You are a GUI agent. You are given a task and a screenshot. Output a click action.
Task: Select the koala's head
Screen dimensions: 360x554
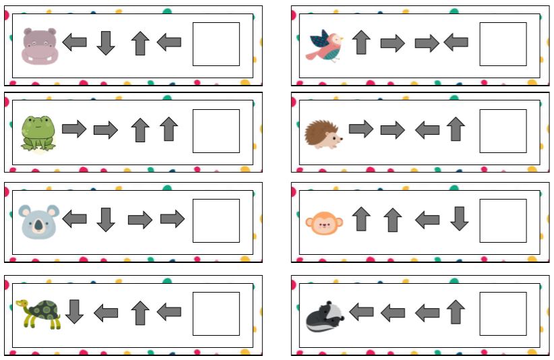40,220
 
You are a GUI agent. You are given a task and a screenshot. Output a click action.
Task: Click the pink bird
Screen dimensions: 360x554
326,44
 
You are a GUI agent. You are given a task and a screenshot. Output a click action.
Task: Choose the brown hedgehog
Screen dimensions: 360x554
324,132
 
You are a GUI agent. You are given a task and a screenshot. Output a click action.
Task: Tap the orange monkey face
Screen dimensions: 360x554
324,221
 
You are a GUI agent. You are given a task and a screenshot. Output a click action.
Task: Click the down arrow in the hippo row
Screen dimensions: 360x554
106,43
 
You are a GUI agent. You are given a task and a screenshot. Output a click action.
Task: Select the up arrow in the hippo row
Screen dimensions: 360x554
140,43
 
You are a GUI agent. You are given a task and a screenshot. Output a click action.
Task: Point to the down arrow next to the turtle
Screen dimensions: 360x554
74,311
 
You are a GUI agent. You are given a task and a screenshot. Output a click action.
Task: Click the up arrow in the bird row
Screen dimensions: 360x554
361,42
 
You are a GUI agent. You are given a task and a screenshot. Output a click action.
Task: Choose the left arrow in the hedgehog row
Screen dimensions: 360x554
427,129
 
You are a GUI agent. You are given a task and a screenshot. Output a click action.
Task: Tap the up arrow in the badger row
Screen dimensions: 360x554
456,311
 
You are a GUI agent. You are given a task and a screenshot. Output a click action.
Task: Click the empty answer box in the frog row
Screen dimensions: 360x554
216,131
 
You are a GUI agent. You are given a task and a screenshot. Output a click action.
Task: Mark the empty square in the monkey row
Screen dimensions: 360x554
503,220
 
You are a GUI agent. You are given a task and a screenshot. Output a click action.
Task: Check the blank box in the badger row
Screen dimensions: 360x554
503,313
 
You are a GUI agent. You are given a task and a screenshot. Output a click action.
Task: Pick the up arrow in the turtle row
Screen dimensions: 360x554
140,313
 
